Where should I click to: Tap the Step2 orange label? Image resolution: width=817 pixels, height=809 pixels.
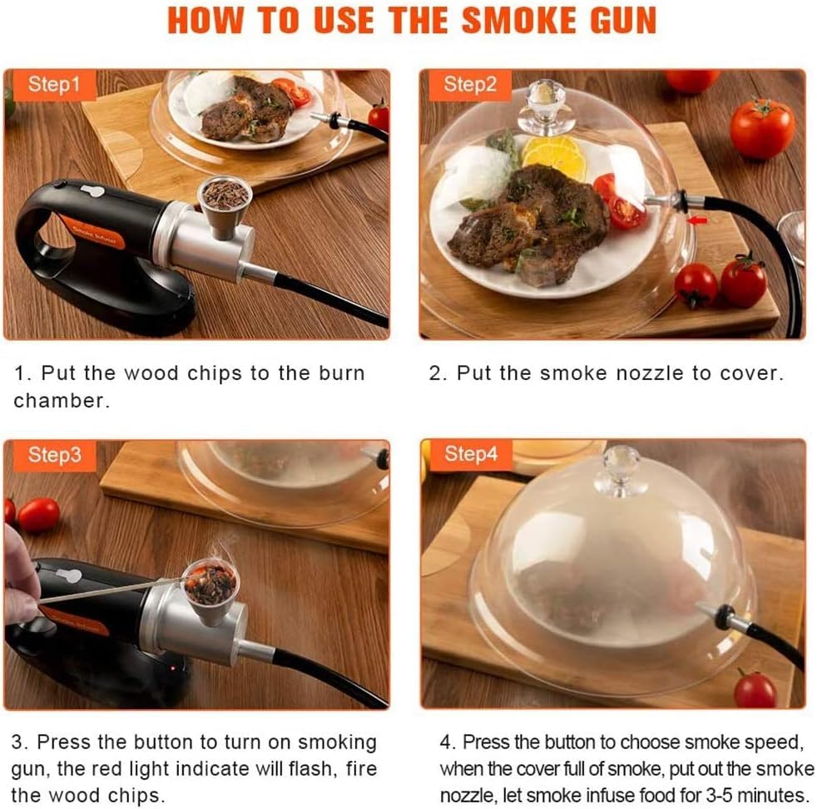pyautogui.click(x=469, y=84)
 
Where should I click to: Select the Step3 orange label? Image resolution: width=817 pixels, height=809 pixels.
pyautogui.click(x=54, y=455)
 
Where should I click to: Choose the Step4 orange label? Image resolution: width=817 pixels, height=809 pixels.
pyautogui.click(x=470, y=454)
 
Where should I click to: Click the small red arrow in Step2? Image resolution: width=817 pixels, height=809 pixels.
pyautogui.click(x=697, y=220)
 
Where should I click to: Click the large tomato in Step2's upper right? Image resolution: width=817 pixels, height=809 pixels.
pyautogui.click(x=761, y=129)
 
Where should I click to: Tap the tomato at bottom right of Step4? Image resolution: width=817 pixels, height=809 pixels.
pyautogui.click(x=755, y=690)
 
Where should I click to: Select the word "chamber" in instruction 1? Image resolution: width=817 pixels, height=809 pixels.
pyautogui.click(x=61, y=401)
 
